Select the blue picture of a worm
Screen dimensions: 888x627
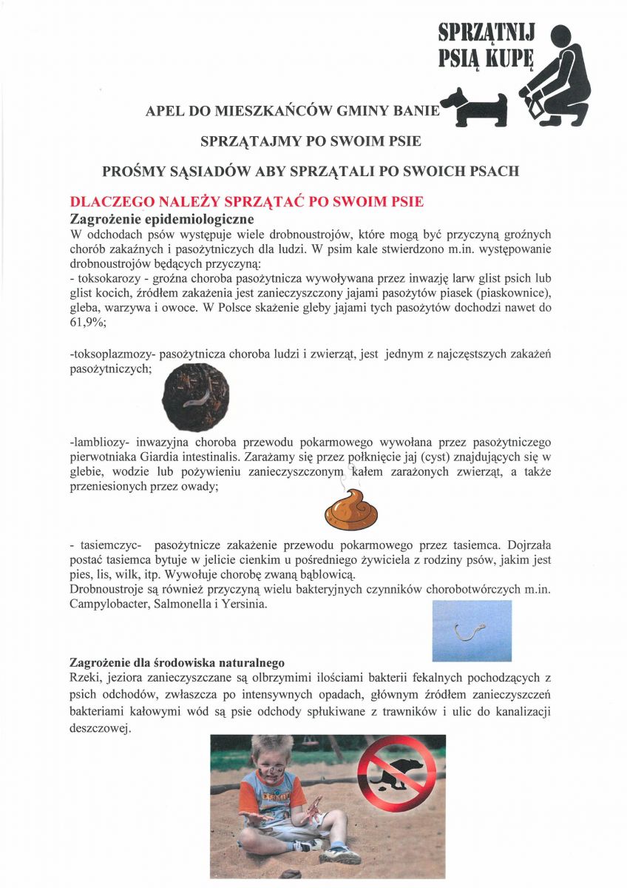tap(472, 630)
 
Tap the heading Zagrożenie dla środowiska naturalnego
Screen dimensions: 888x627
tap(177, 662)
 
